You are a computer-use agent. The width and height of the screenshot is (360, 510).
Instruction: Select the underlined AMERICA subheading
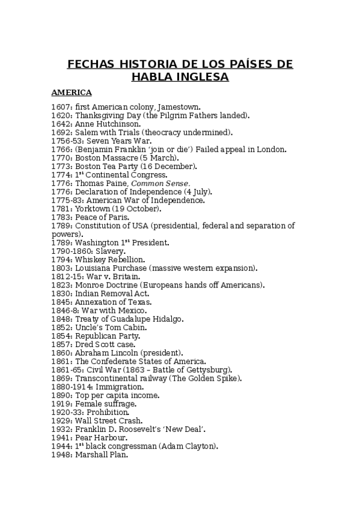click(x=72, y=93)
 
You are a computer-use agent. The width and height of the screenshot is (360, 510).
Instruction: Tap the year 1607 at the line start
click(x=61, y=106)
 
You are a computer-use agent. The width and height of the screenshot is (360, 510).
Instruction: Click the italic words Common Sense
click(x=160, y=183)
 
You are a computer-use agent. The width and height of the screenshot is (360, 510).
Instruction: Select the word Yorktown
click(x=93, y=209)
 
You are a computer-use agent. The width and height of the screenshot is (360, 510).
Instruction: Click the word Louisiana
click(x=94, y=268)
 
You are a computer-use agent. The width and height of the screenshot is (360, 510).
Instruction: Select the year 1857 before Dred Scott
click(x=61, y=344)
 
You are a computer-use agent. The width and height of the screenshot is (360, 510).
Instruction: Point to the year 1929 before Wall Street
click(x=61, y=420)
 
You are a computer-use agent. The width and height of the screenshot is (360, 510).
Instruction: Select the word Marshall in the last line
click(x=91, y=455)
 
